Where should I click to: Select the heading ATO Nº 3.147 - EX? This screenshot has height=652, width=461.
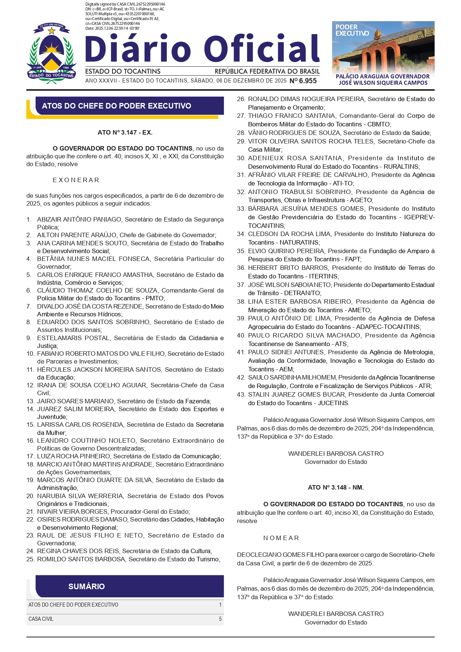click(x=125, y=132)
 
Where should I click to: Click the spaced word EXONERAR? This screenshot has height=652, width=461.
click(x=76, y=180)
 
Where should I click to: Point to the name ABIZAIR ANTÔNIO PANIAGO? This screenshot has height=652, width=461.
click(x=79, y=219)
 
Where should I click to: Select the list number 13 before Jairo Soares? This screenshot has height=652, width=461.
click(x=30, y=401)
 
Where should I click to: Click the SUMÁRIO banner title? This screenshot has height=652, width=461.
click(x=87, y=586)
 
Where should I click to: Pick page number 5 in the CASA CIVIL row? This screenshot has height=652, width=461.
click(x=220, y=619)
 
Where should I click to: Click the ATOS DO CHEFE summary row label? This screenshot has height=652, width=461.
click(x=74, y=605)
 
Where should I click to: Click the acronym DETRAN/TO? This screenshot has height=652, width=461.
click(x=302, y=293)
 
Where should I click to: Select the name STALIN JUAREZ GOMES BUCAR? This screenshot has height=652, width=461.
click(x=296, y=394)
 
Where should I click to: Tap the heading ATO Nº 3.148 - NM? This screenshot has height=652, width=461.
click(x=335, y=487)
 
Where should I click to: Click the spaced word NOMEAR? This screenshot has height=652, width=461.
click(x=281, y=538)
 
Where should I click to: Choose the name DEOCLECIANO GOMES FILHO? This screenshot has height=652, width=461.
click(x=280, y=555)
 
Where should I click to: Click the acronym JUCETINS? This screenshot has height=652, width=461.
click(x=333, y=403)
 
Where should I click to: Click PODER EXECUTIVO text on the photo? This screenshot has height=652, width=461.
click(x=352, y=30)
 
